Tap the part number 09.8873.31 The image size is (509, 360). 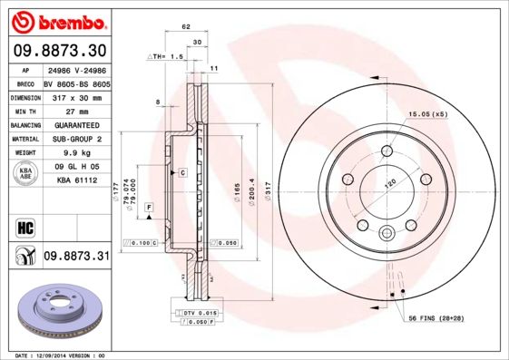click(x=75, y=257)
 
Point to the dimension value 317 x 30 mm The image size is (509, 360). click(x=75, y=95)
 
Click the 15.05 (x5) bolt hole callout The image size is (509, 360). click(x=428, y=114)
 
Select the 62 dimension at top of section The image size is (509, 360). click(x=186, y=27)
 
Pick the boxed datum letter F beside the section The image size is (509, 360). click(x=148, y=209)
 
